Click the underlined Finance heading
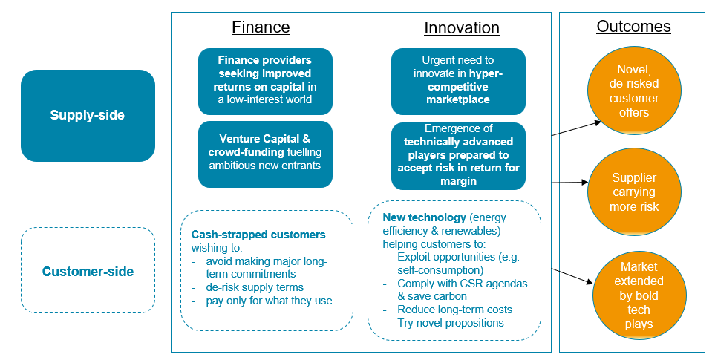click(261, 27)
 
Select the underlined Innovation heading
click(462, 28)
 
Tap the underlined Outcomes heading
click(634, 27)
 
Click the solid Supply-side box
click(88, 115)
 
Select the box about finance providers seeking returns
click(265, 81)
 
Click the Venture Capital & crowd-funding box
click(265, 154)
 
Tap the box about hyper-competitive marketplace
click(458, 81)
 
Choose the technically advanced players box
click(458, 155)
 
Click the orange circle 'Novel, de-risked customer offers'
click(634, 91)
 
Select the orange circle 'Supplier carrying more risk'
click(634, 192)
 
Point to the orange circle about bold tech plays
click(639, 295)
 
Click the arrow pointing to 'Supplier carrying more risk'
click(569, 183)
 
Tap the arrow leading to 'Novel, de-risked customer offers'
click(576, 128)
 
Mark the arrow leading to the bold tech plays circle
click(572, 277)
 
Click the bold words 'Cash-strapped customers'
click(258, 235)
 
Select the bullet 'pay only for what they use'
click(269, 301)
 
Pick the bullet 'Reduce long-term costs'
click(454, 310)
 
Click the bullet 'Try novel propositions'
click(451, 323)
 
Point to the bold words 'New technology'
click(425, 217)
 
